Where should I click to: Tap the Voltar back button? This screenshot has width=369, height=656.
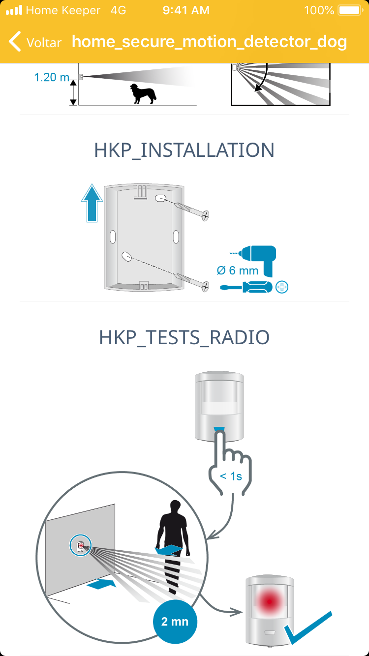coord(35,42)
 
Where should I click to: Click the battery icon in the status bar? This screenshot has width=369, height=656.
coord(350,10)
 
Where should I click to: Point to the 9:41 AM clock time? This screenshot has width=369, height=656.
coord(186,10)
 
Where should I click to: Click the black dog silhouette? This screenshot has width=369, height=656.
coord(143,94)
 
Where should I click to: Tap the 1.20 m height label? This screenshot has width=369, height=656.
coord(52,77)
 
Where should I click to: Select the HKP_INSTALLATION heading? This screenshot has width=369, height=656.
coord(184,150)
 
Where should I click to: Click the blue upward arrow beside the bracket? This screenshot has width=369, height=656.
coord(92,203)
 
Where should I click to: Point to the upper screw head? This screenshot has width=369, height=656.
coord(206,216)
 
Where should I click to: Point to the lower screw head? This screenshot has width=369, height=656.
coord(206,286)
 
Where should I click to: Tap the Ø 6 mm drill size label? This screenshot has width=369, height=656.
coord(238,270)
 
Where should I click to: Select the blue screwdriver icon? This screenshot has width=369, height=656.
coord(246,287)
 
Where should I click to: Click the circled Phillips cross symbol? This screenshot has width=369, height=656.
coord(282,287)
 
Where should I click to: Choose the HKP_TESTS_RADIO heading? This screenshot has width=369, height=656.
coord(184,337)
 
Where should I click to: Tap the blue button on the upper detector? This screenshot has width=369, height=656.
coord(219,429)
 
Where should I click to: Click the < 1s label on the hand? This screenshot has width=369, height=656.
coord(231,477)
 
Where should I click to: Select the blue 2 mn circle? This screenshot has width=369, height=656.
coord(175,622)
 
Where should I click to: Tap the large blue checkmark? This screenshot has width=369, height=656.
coord(307,627)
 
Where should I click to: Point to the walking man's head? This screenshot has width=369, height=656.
coord(175,507)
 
